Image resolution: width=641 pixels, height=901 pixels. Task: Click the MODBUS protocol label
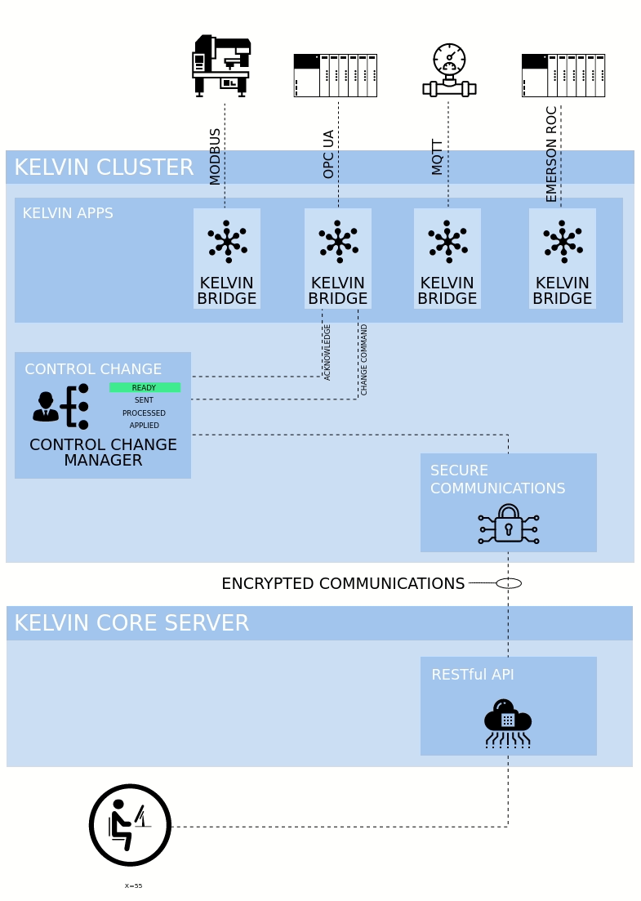point(216,156)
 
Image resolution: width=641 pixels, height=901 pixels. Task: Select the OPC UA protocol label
point(329,154)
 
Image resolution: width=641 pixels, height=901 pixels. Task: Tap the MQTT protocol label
point(438,157)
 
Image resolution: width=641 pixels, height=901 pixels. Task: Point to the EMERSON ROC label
point(552,154)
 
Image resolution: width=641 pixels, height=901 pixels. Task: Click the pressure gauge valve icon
point(449,70)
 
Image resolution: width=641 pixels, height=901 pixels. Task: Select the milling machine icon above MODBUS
point(221,66)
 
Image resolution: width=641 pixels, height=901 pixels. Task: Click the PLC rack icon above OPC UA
point(335,75)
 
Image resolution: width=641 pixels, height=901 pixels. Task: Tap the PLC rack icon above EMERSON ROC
point(563,75)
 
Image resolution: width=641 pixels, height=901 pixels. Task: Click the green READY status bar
point(145,387)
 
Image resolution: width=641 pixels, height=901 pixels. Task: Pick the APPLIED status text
point(145,426)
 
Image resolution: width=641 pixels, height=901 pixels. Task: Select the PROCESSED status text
point(145,413)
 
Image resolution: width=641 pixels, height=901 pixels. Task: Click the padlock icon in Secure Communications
point(508,524)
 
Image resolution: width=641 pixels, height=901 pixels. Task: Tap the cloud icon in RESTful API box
point(507,722)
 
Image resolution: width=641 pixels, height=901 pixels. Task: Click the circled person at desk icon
point(130,825)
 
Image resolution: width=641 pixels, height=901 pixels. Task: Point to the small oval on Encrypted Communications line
point(509,583)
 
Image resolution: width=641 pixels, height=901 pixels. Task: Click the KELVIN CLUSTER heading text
point(104,167)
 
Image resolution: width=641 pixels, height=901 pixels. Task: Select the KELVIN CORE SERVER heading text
point(131,623)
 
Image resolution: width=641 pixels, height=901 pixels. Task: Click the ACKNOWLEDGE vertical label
point(327,352)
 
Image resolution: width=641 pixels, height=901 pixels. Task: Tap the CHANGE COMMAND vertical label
point(364,359)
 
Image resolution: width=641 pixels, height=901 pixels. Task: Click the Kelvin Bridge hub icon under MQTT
point(447,241)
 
